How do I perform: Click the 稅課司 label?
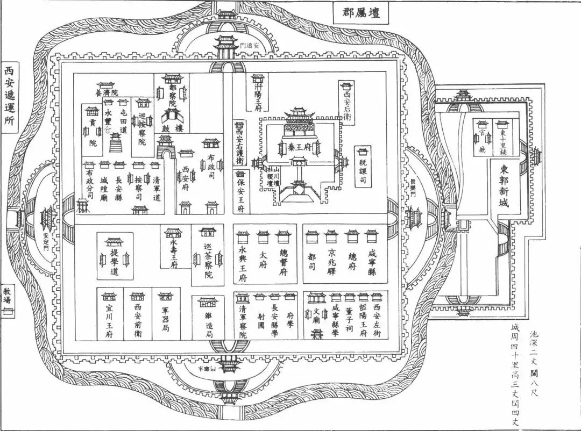(363, 170)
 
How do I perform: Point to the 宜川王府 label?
(110, 321)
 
